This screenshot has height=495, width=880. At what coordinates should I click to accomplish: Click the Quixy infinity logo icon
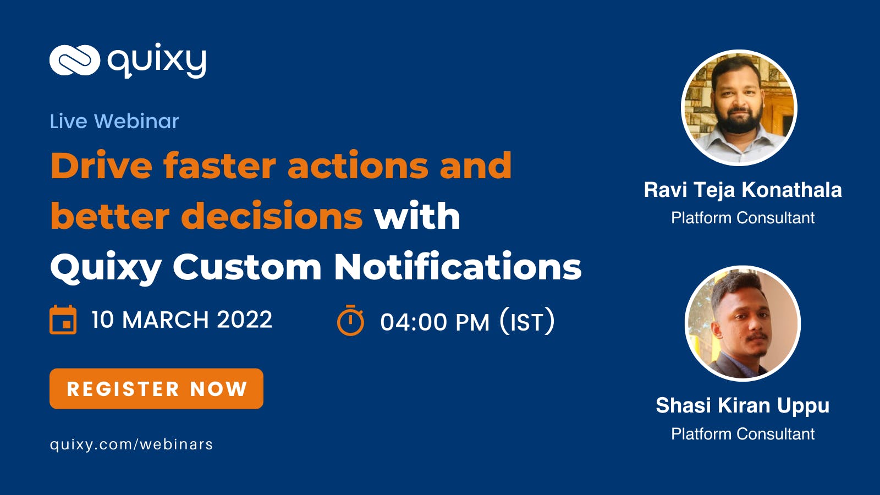pyautogui.click(x=75, y=60)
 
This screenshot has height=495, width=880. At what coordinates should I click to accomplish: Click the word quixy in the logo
pyautogui.click(x=157, y=61)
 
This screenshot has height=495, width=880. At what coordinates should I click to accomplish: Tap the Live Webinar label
pyautogui.click(x=114, y=121)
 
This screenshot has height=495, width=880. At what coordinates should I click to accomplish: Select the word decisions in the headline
pyautogui.click(x=272, y=215)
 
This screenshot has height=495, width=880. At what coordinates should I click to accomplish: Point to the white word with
pyautogui.click(x=417, y=215)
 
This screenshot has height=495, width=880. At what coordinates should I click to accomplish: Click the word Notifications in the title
pyautogui.click(x=458, y=266)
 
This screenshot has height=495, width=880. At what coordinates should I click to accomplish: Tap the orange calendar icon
pyautogui.click(x=63, y=320)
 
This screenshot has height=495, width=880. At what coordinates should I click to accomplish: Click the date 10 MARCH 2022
pyautogui.click(x=182, y=320)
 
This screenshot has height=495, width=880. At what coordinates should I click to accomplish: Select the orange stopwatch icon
pyautogui.click(x=350, y=320)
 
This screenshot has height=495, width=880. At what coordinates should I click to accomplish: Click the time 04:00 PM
pyautogui.click(x=435, y=322)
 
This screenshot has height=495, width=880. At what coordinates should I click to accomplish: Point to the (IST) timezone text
pyautogui.click(x=527, y=321)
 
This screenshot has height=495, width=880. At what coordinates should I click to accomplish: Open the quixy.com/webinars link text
pyautogui.click(x=131, y=445)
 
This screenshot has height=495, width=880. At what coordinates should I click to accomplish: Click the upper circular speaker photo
pyautogui.click(x=739, y=107)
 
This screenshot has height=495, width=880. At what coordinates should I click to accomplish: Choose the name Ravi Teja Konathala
pyautogui.click(x=743, y=190)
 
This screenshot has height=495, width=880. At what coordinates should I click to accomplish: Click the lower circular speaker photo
pyautogui.click(x=743, y=324)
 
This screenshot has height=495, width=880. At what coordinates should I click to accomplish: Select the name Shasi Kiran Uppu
pyautogui.click(x=743, y=406)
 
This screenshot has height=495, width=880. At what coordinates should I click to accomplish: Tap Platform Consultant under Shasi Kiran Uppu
pyautogui.click(x=743, y=434)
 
